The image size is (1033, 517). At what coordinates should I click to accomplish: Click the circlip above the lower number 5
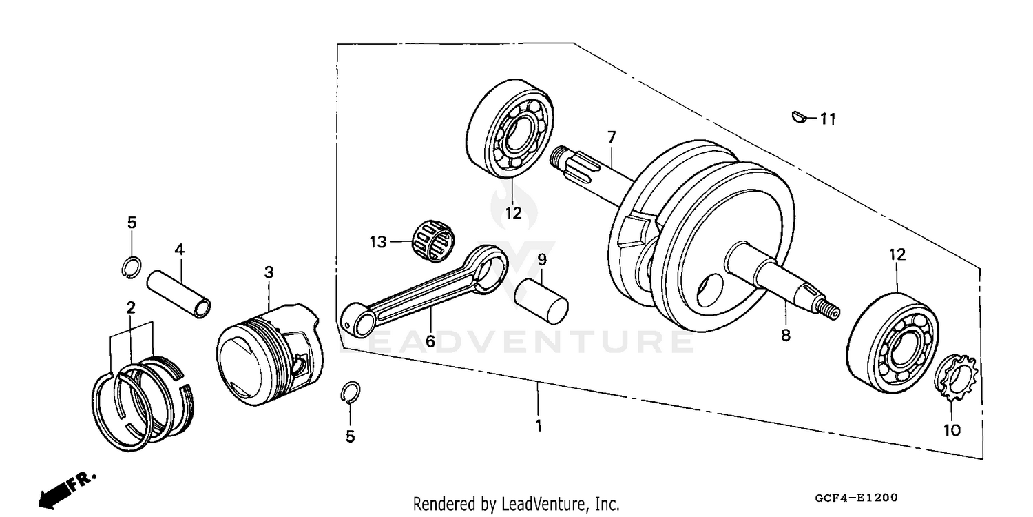tap(350, 392)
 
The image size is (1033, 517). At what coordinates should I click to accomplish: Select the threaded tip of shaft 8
tap(830, 310)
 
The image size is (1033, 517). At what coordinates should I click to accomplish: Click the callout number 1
tap(539, 427)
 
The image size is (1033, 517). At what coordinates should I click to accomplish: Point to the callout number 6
tap(430, 341)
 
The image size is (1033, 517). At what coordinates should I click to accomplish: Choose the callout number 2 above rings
tap(129, 307)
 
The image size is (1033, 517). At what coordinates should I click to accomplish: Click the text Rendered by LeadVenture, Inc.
tap(516, 504)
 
